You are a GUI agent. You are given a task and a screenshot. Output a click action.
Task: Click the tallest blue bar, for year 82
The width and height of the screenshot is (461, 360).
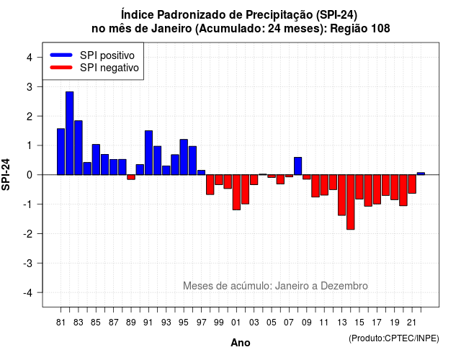[70, 133]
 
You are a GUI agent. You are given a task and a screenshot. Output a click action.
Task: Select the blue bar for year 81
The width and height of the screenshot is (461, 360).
[61, 152]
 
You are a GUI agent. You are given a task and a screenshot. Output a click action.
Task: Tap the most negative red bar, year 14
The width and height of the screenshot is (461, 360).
[351, 202]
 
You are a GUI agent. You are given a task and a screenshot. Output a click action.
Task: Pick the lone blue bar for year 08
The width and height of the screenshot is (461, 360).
[297, 166]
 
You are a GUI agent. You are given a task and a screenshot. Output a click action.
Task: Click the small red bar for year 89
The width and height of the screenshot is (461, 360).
[131, 177]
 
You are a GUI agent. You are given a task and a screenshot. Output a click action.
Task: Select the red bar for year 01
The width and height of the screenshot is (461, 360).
[236, 192]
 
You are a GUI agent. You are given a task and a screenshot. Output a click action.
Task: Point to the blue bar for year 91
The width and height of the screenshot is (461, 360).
[149, 153]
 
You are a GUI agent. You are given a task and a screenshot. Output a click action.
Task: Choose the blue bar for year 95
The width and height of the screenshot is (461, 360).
[184, 157]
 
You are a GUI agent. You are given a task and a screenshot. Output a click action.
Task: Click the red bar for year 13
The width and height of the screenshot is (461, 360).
[341, 195]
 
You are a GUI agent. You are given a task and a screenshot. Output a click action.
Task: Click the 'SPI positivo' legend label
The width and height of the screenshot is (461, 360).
[107, 55]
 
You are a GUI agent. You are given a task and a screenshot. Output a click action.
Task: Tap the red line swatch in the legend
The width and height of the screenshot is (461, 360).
[61, 68]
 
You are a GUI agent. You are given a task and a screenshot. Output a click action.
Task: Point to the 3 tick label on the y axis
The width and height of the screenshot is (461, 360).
[30, 86]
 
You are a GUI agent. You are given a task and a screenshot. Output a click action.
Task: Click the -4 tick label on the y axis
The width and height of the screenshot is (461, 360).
[28, 293]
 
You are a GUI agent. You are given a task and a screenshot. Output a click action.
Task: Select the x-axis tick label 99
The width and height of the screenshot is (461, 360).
[219, 323]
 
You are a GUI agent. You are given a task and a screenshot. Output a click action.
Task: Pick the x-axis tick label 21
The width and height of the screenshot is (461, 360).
[411, 323]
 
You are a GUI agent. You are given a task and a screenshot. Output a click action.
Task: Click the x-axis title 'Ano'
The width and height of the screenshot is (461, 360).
[241, 343]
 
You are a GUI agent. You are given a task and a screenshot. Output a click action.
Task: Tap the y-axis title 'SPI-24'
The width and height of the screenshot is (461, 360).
[6, 174]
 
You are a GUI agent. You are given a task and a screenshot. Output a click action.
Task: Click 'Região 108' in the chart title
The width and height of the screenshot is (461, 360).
[360, 29]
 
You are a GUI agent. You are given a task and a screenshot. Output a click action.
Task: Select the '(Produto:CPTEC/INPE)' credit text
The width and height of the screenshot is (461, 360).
[394, 338]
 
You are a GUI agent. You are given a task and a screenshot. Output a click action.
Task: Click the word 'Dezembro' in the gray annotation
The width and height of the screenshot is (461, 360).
[344, 286]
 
